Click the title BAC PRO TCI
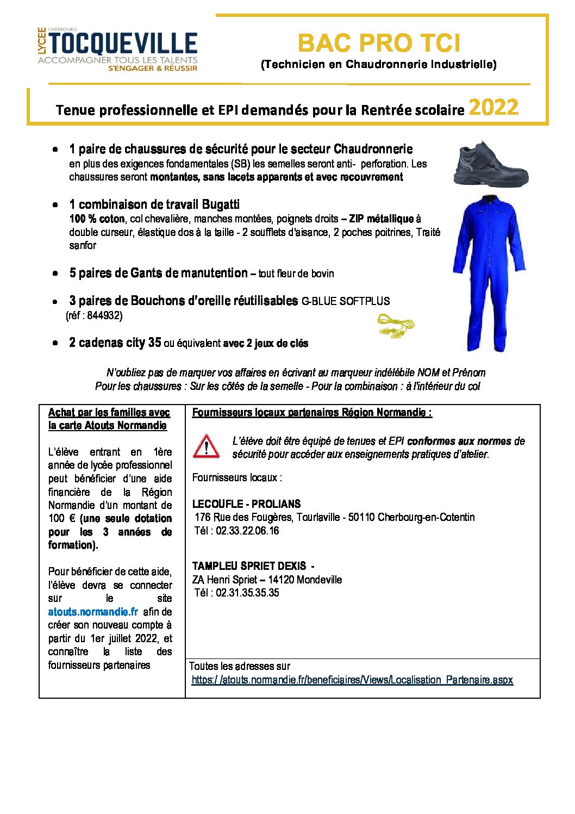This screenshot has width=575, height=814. pos(379,43)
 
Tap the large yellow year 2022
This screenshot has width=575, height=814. pos(493,107)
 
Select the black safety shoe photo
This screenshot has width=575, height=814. pos(491,163)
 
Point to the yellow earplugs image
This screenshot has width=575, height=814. pos(396,325)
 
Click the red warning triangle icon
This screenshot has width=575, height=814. pos(206,446)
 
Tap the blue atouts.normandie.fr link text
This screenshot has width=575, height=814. pos(93,612)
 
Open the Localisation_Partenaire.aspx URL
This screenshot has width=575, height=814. pos(352,680)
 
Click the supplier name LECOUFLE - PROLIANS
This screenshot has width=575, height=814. pos(246,504)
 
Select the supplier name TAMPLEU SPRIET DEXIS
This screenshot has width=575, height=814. pos(249,566)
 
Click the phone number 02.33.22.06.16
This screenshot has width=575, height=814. pos(247,531)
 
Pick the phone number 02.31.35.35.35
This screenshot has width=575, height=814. pos(247,593)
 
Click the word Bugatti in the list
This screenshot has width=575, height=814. pos(221,204)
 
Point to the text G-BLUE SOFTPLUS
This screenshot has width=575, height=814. pos(346,301)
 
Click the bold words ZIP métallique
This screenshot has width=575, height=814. pos(382,219)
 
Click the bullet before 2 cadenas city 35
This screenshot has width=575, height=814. pos(55,343)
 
